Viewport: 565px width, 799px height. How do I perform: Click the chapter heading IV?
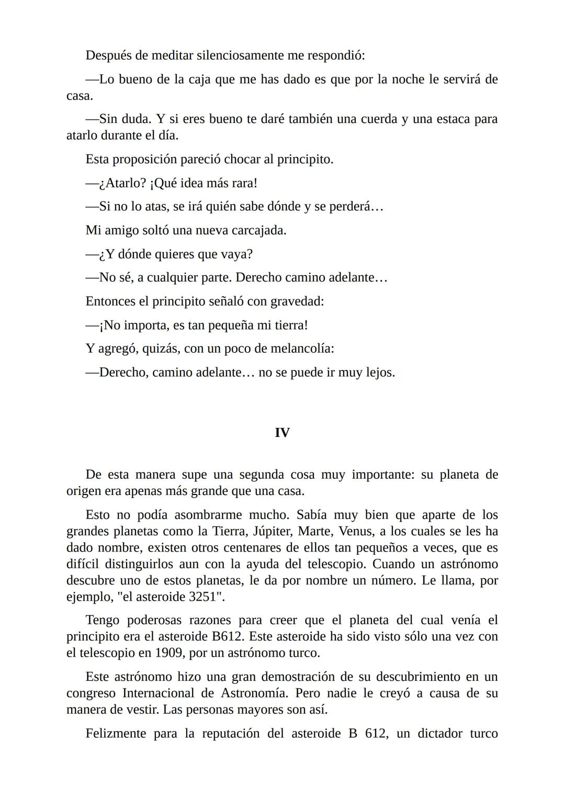click(x=282, y=433)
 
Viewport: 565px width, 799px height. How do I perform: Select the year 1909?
click(x=169, y=653)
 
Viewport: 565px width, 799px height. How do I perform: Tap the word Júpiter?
click(x=272, y=531)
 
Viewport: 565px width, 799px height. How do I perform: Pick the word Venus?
click(x=356, y=531)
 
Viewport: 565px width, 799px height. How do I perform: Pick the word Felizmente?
click(x=115, y=733)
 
